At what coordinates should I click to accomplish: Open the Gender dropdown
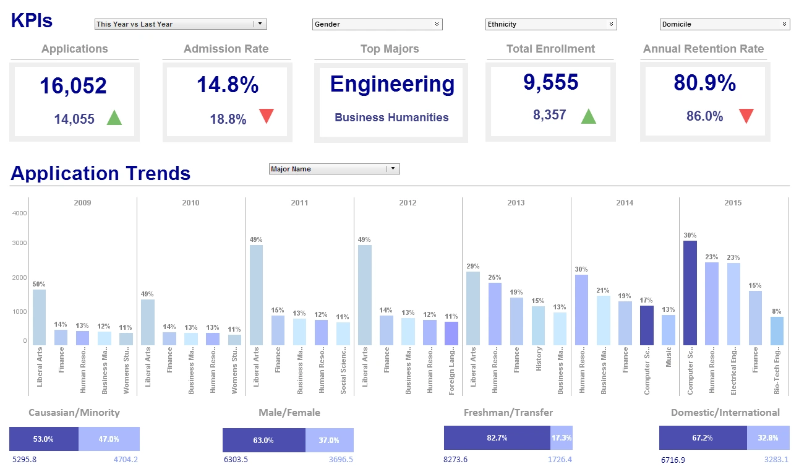(377, 24)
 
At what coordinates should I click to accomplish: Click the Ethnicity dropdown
(550, 24)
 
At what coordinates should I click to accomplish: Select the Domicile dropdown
(724, 24)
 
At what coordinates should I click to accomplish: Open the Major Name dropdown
(335, 169)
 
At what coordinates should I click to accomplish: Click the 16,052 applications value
(74, 86)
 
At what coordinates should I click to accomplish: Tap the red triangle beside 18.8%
(266, 116)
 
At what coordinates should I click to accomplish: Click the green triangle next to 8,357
(588, 116)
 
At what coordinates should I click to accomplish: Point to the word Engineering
(392, 84)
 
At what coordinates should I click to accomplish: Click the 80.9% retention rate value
(704, 83)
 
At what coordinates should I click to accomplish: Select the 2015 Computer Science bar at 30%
(690, 293)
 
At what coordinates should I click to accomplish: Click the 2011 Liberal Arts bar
(256, 295)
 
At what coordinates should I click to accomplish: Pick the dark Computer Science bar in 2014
(646, 325)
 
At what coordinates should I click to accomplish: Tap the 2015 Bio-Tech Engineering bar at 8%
(777, 330)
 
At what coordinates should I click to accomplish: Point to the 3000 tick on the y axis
(20, 243)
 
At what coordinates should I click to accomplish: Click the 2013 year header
(516, 202)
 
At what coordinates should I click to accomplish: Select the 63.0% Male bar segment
(263, 440)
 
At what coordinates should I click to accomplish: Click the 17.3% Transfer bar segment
(561, 437)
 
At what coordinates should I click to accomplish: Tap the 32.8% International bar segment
(767, 437)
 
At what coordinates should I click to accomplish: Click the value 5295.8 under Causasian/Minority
(25, 460)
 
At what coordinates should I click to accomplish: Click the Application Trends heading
(100, 173)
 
